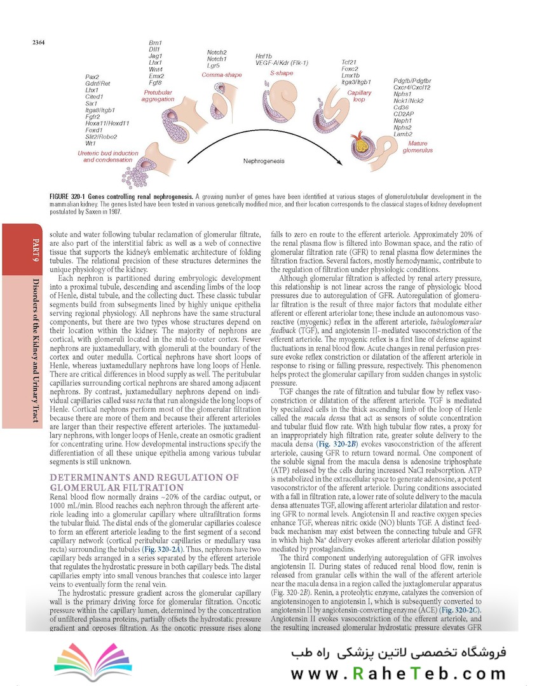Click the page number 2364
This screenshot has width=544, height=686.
32,43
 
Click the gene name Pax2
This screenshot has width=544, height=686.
92,77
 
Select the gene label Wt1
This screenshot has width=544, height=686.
90,143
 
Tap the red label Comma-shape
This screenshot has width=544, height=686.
222,75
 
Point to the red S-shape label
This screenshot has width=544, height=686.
282,73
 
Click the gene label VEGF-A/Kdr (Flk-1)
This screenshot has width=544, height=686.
282,63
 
